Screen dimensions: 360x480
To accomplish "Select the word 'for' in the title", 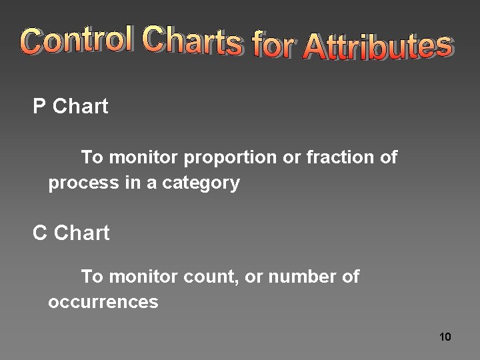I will click(x=273, y=45).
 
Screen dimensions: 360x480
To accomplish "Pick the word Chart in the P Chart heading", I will click(x=80, y=107).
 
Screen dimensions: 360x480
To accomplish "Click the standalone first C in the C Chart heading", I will click(x=40, y=233).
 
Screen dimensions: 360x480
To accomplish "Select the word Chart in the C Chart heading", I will click(x=81, y=233).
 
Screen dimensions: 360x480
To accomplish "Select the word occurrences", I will click(x=103, y=302).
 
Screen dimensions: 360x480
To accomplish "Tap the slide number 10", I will click(x=445, y=337).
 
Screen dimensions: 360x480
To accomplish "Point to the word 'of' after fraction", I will click(x=389, y=158).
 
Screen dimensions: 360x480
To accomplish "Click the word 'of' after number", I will click(x=351, y=277).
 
